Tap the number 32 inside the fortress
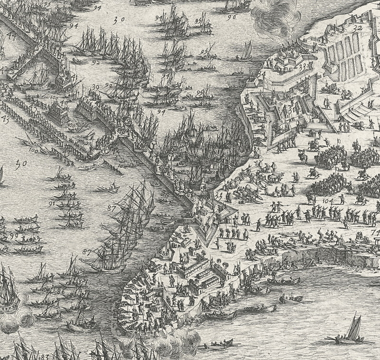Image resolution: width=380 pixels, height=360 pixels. [358, 28]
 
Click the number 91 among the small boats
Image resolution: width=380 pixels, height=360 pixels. [52, 203]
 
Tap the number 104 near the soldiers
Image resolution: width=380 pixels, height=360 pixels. [327, 200]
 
